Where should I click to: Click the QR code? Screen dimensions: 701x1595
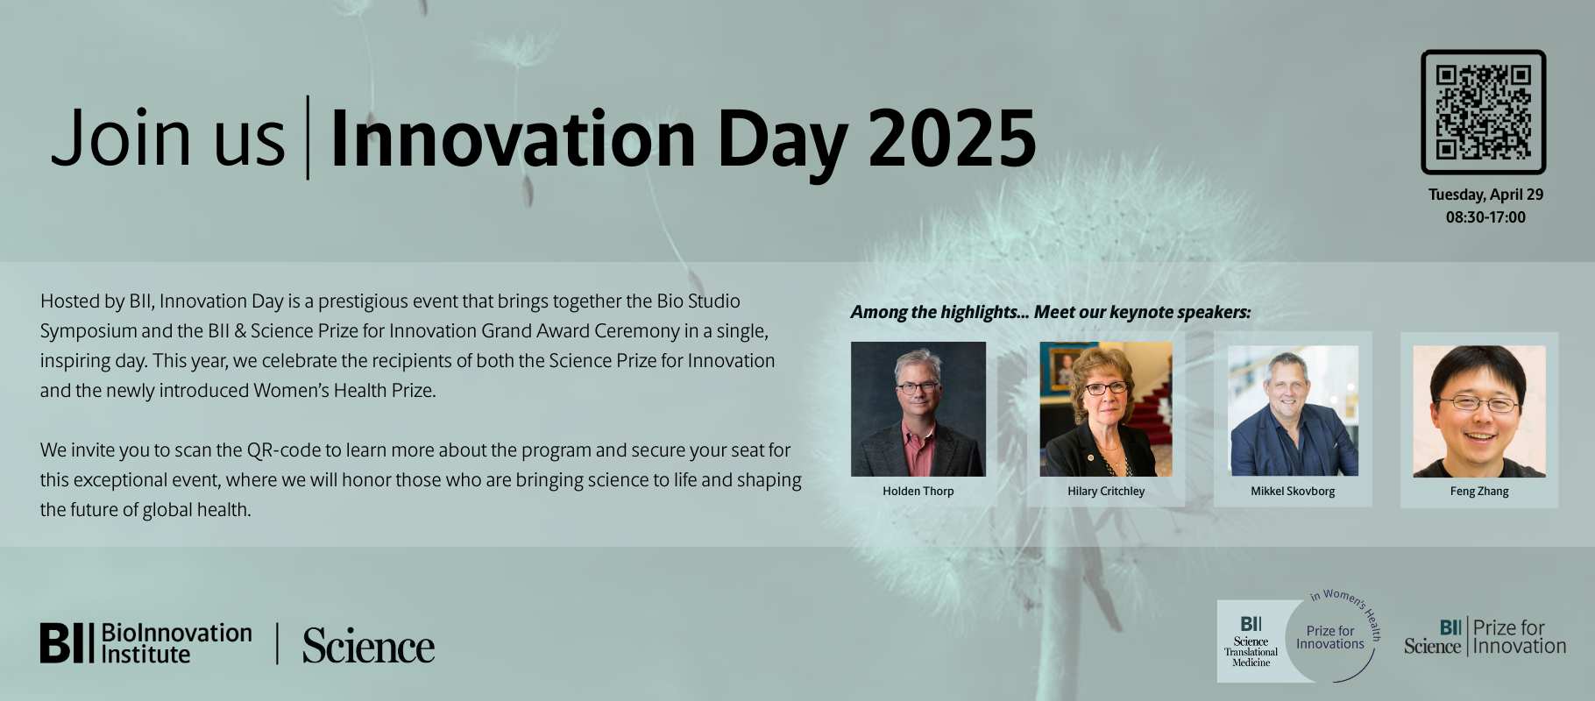[1483, 112]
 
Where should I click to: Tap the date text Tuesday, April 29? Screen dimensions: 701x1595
[1485, 195]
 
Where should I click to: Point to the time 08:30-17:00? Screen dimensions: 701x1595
[1485, 217]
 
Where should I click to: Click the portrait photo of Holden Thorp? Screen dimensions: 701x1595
[918, 409]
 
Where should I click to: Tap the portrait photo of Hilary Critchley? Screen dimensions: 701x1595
[1105, 409]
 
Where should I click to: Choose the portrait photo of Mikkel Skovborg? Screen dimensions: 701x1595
[1293, 410]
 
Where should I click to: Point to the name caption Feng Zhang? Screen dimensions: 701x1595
[1479, 492]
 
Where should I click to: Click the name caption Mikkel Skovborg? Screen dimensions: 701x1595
[1293, 492]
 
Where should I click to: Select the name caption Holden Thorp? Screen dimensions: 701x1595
[918, 492]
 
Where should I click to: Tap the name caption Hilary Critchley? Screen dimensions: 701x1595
[1106, 492]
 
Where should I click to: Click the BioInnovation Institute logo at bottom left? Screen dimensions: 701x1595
[145, 643]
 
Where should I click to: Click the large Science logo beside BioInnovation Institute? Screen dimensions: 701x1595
[368, 647]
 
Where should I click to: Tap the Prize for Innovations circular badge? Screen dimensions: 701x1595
[1330, 638]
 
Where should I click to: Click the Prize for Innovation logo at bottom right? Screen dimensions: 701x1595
[1485, 638]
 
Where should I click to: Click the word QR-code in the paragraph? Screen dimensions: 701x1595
[284, 450]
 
